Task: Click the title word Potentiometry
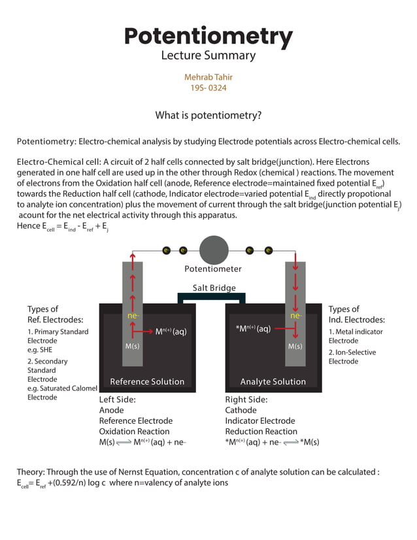(208, 36)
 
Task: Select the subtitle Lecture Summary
(208, 56)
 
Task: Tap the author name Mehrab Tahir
(208, 77)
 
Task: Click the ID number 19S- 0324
(208, 88)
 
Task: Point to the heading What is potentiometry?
(208, 116)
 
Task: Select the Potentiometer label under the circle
(213, 269)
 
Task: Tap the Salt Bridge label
(214, 288)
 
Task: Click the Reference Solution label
(147, 382)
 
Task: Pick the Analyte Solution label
(273, 382)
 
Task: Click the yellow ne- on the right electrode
(295, 316)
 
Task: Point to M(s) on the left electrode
(132, 346)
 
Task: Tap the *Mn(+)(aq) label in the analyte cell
(253, 329)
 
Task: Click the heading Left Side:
(119, 399)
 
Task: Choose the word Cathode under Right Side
(241, 411)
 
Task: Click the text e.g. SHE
(43, 350)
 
